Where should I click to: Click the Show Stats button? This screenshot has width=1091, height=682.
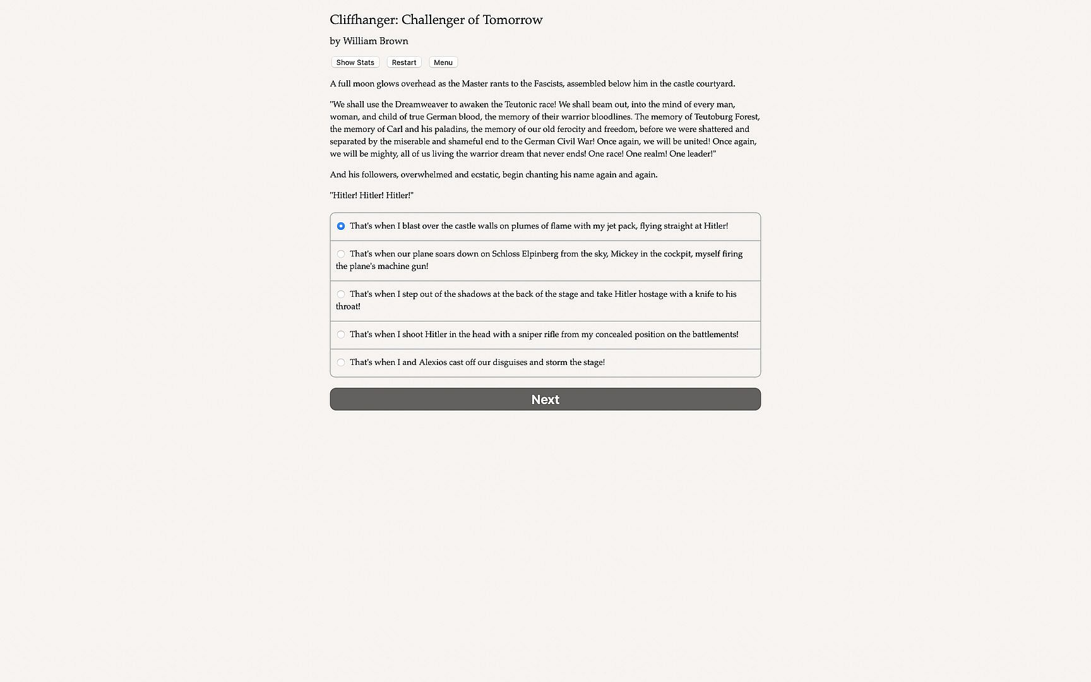(x=355, y=63)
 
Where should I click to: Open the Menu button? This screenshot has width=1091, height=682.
(x=443, y=63)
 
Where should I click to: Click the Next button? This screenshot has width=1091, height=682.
(x=545, y=399)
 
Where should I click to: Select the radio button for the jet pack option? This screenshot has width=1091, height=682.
(x=341, y=226)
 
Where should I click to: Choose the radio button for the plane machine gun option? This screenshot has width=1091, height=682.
(x=341, y=254)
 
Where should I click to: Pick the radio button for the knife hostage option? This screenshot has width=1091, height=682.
(x=341, y=294)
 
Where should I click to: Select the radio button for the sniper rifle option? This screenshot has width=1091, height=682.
(x=341, y=335)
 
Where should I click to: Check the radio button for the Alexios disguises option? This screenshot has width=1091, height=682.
(x=341, y=362)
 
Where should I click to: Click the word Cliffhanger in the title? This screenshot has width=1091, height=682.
(x=363, y=20)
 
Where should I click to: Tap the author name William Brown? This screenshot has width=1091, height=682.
(x=375, y=41)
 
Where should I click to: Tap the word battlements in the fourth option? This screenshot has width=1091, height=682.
(x=714, y=335)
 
